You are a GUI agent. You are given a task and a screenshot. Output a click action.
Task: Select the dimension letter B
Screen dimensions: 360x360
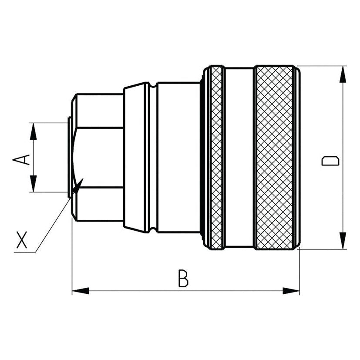(183, 278)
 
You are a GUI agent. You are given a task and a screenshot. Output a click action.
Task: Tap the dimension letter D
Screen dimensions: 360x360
(330, 161)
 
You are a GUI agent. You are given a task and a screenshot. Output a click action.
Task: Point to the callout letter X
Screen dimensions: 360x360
(22, 240)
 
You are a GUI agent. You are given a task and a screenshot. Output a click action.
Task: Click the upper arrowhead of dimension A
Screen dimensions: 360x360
(33, 131)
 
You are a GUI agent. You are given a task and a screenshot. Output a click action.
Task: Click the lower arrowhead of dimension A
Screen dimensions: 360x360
(33, 183)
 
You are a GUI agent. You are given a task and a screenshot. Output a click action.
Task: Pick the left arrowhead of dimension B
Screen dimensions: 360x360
(81, 291)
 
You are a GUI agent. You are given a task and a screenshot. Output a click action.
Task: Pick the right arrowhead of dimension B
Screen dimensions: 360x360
(291, 291)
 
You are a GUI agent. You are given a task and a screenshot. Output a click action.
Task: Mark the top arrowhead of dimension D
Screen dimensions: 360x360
(343, 74)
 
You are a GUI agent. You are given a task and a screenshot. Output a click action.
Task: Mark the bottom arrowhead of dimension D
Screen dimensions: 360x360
(343, 240)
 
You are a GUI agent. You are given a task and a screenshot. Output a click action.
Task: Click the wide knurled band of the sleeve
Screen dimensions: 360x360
(275, 158)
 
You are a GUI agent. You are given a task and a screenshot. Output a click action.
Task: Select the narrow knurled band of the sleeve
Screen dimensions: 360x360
(216, 158)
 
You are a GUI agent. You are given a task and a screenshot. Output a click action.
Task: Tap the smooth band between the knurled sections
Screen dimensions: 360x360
(239, 158)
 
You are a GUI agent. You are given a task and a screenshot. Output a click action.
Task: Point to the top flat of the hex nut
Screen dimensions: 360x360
(100, 111)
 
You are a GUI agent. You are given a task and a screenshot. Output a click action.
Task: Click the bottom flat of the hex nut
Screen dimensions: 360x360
(100, 204)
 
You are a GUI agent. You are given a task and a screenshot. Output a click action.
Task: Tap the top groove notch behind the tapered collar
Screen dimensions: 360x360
(153, 85)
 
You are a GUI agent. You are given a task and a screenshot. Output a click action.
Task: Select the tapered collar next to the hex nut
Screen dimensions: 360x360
(135, 158)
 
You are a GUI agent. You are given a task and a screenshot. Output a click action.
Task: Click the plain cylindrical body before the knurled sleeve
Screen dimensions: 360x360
(179, 158)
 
